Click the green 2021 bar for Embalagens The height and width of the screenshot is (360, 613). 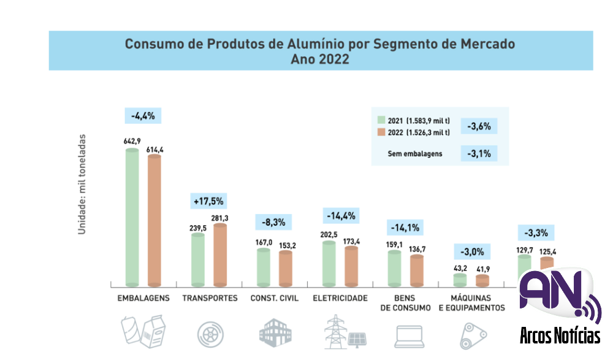(132, 218)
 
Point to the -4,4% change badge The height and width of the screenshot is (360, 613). (142, 115)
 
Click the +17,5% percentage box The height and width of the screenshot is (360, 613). (208, 201)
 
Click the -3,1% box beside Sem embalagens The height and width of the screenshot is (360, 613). (479, 153)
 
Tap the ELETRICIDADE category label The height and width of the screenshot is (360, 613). (340, 298)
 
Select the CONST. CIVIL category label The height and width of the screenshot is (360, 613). (274, 298)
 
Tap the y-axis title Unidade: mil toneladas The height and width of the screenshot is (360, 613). (82, 183)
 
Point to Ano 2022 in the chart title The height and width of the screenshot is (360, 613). (321, 59)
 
